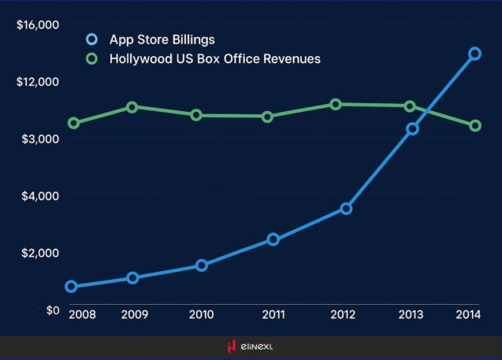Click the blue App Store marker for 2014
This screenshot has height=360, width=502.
(x=475, y=54)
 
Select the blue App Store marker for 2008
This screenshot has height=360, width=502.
(x=72, y=287)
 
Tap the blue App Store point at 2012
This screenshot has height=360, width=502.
(x=346, y=209)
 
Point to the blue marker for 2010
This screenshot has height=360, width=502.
(x=202, y=265)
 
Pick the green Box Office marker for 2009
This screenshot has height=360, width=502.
(x=132, y=106)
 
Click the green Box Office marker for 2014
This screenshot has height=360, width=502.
(x=475, y=126)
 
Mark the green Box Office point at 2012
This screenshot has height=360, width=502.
(x=336, y=104)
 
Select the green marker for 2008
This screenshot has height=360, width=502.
(x=73, y=123)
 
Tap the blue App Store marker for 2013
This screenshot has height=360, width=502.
(x=411, y=129)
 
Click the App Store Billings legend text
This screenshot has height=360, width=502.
(x=162, y=39)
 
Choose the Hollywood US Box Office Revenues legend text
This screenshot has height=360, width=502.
(x=215, y=59)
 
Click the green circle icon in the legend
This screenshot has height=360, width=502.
(x=91, y=59)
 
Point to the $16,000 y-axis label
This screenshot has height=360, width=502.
(x=38, y=24)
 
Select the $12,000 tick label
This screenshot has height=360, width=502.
(x=38, y=81)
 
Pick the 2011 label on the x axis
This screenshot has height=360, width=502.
(x=273, y=314)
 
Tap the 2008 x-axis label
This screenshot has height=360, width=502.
(x=81, y=314)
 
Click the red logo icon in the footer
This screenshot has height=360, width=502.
(x=231, y=347)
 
